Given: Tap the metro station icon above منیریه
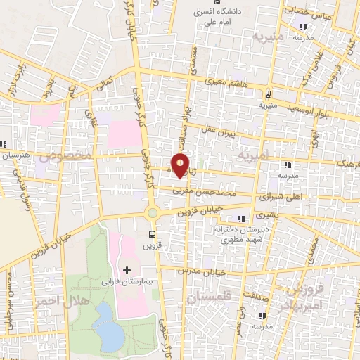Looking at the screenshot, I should click(x=269, y=94).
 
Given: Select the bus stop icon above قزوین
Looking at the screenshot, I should click(x=152, y=234).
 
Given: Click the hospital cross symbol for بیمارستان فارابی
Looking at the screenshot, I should click(x=127, y=270).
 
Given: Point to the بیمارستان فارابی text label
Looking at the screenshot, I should click(x=127, y=282).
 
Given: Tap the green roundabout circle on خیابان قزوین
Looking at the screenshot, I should click(x=152, y=212).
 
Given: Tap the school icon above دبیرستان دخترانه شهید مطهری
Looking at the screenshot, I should click(x=243, y=219).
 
